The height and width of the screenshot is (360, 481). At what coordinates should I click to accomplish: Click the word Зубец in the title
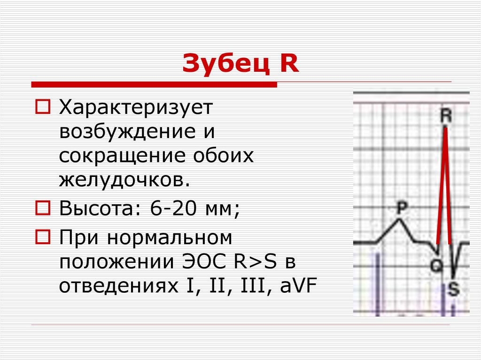point(221,63)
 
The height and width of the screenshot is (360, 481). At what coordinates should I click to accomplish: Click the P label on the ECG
point(400,208)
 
